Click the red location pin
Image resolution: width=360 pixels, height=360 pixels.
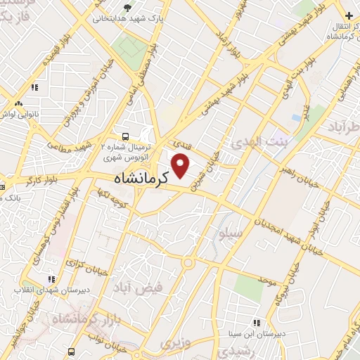pyautogui.click(x=181, y=165)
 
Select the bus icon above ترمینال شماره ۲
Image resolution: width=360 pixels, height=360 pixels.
pyautogui.click(x=124, y=136)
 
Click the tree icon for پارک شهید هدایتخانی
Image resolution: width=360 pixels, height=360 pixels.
pyautogui.click(x=127, y=8)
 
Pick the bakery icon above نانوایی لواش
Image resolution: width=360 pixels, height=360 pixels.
pyautogui.click(x=34, y=87)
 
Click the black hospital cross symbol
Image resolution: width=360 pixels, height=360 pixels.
pyautogui.click(x=349, y=15)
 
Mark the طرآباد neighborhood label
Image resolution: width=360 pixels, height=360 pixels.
pyautogui.click(x=344, y=127)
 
